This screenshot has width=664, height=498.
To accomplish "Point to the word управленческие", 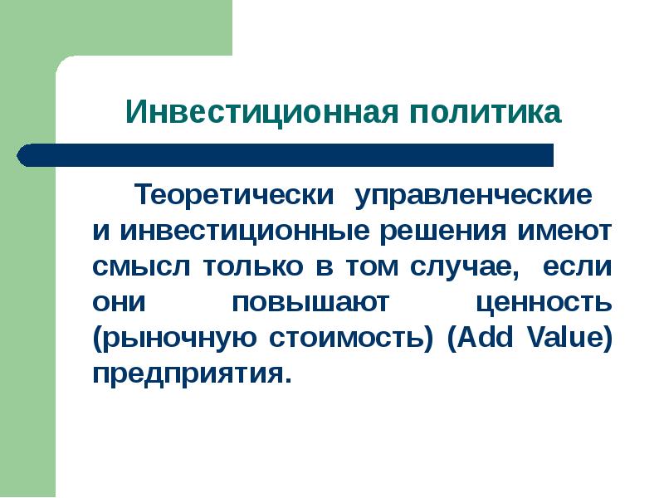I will [x=475, y=197].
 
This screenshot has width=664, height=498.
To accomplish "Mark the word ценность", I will [x=544, y=303].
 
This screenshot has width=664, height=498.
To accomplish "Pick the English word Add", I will [x=476, y=339].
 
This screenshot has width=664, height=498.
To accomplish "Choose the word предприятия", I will [x=192, y=374].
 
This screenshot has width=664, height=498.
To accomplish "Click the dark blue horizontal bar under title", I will [x=286, y=155].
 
